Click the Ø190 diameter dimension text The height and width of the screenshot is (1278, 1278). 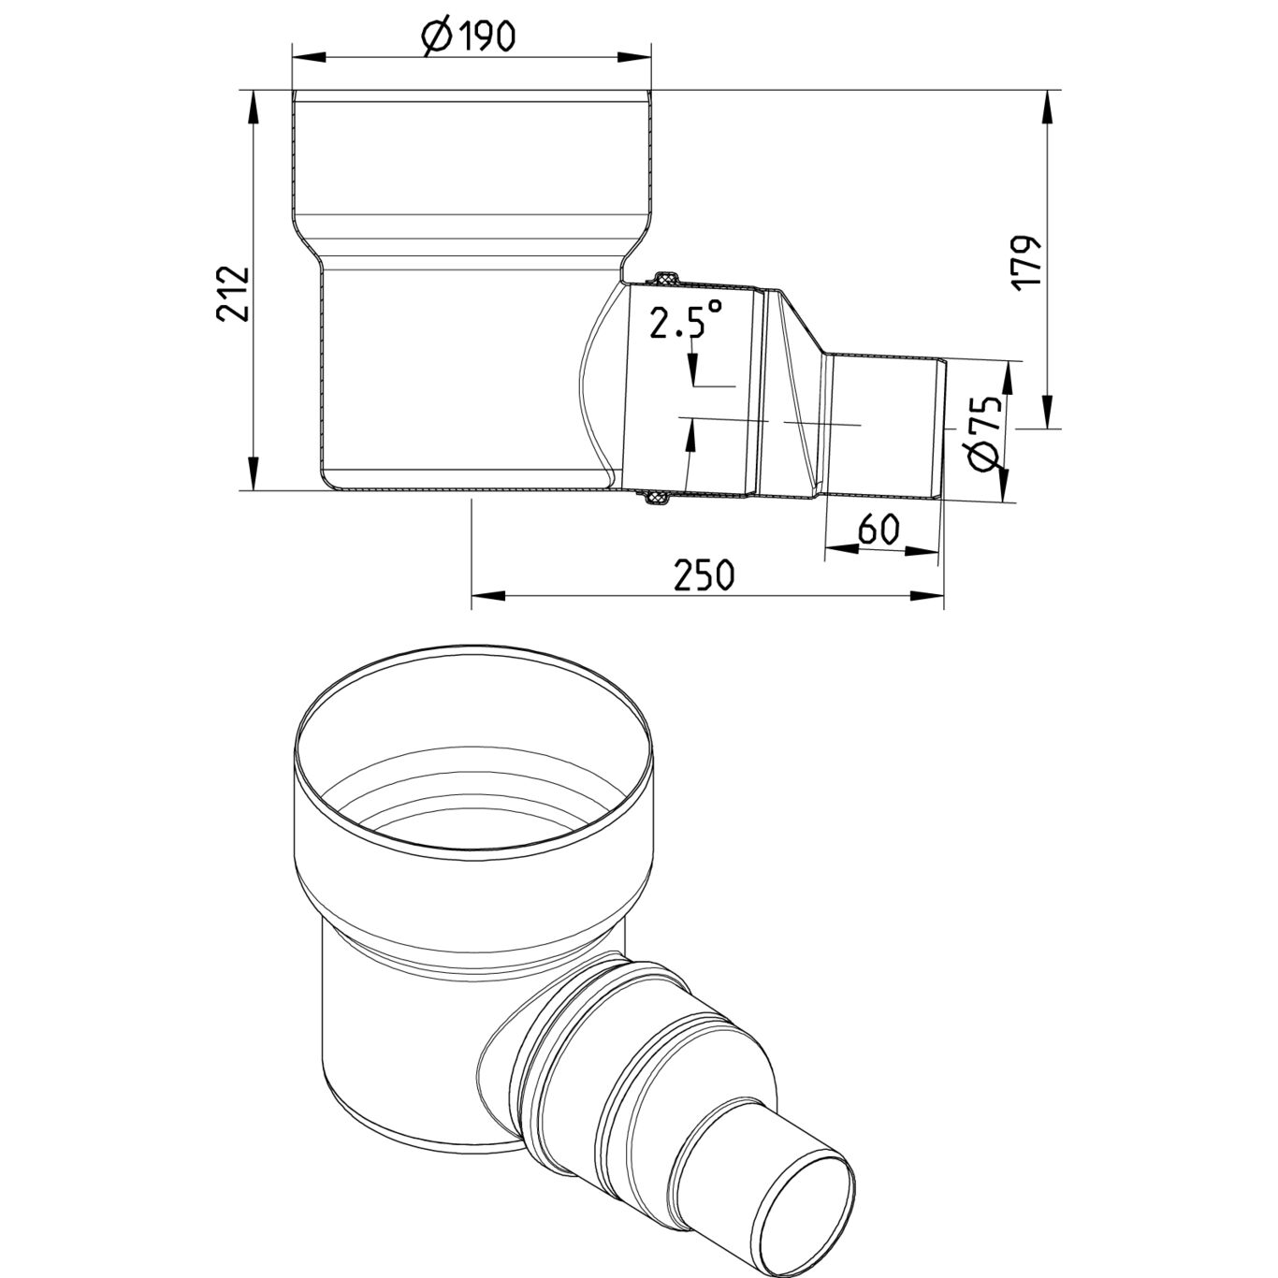[469, 36]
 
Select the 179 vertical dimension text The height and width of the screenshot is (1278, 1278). [1028, 263]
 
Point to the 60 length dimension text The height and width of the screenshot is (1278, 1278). [879, 530]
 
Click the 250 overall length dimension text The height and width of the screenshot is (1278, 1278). [704, 575]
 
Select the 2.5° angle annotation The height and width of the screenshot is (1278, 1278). [687, 323]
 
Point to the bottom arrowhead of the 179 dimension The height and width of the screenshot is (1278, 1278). [1046, 412]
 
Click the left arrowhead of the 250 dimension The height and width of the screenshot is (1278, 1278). [488, 595]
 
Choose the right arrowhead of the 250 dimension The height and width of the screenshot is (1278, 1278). [926, 595]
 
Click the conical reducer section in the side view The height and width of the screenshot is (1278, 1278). [794, 393]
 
